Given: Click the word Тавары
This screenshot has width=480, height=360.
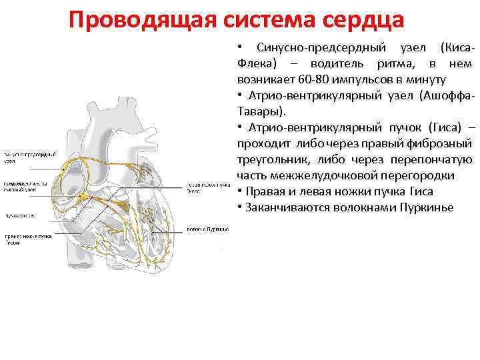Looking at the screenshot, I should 259,111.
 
